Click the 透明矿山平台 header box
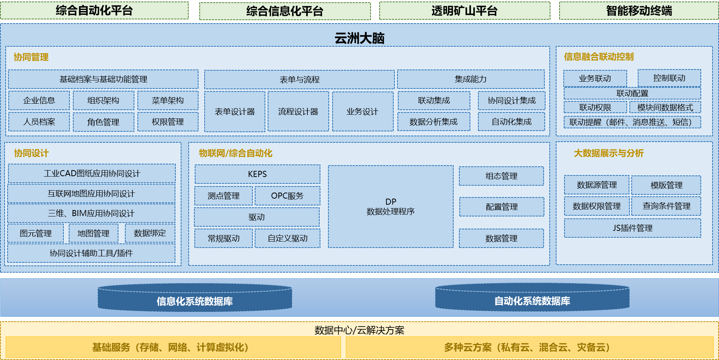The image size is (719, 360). coord(464,11)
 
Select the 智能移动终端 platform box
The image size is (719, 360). coord(639,11)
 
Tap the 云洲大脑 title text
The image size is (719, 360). coord(359,38)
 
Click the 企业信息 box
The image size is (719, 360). coord(39,101)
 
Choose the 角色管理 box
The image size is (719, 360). coord(103,122)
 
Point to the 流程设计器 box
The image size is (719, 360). coord(298,112)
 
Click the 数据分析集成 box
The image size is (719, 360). coord(434,122)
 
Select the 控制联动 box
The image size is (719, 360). coord(669,78)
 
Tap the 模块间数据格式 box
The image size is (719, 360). coord(665,107)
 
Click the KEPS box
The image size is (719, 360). coord(257,174)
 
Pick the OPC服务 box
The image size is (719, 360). coord(287,196)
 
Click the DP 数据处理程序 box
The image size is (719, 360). coord(391,207)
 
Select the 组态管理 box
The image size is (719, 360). coord(501,176)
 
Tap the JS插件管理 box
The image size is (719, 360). coord(632,228)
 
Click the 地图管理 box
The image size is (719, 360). coord(93,234)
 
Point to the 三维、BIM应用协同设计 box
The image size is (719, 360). coord(91,213)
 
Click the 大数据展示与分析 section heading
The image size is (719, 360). coord(609,153)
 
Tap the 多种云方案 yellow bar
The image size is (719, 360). coord(529,347)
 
